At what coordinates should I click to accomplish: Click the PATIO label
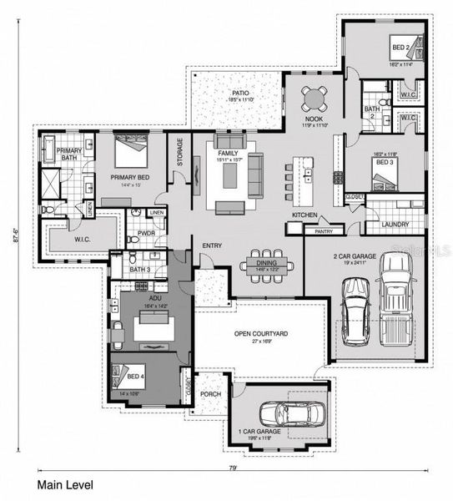[x=240, y=93]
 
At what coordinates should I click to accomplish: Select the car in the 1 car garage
[x=281, y=413]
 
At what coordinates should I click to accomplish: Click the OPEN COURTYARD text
[x=261, y=333]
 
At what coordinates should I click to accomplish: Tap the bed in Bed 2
[x=405, y=47]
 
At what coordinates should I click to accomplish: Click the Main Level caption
[x=65, y=484]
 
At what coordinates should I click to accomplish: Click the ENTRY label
[x=212, y=244]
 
